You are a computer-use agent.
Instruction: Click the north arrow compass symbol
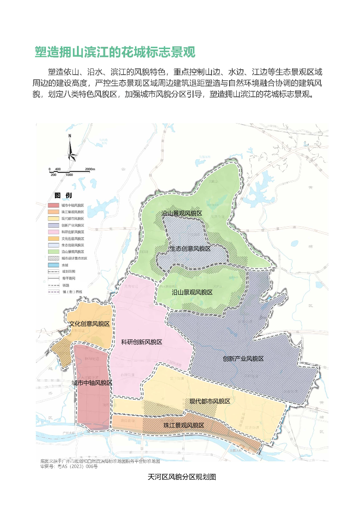tap(71, 149)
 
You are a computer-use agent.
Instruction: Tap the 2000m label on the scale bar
tap(90, 169)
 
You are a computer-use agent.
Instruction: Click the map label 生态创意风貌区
tap(190, 248)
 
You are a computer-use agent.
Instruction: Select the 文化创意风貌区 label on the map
tap(89, 324)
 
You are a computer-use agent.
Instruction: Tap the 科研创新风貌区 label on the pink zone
tap(142, 342)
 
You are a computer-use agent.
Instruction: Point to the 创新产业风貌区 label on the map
tap(243, 359)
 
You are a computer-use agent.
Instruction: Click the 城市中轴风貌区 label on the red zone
tap(92, 383)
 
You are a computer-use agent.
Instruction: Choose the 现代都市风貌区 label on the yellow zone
tap(210, 401)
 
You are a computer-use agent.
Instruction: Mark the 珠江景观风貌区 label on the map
tap(184, 425)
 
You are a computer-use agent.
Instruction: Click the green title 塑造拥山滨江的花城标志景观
tap(115, 52)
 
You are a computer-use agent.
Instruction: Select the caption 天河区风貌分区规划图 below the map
tap(182, 477)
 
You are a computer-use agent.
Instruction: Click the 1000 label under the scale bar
tap(69, 174)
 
